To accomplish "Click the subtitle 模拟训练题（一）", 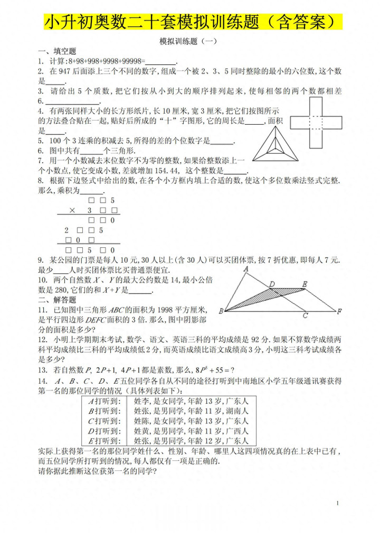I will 188,41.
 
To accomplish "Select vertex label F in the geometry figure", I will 340,311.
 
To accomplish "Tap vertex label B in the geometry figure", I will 221,311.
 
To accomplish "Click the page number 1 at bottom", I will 337,503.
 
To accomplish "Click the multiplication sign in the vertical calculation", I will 72,210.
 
